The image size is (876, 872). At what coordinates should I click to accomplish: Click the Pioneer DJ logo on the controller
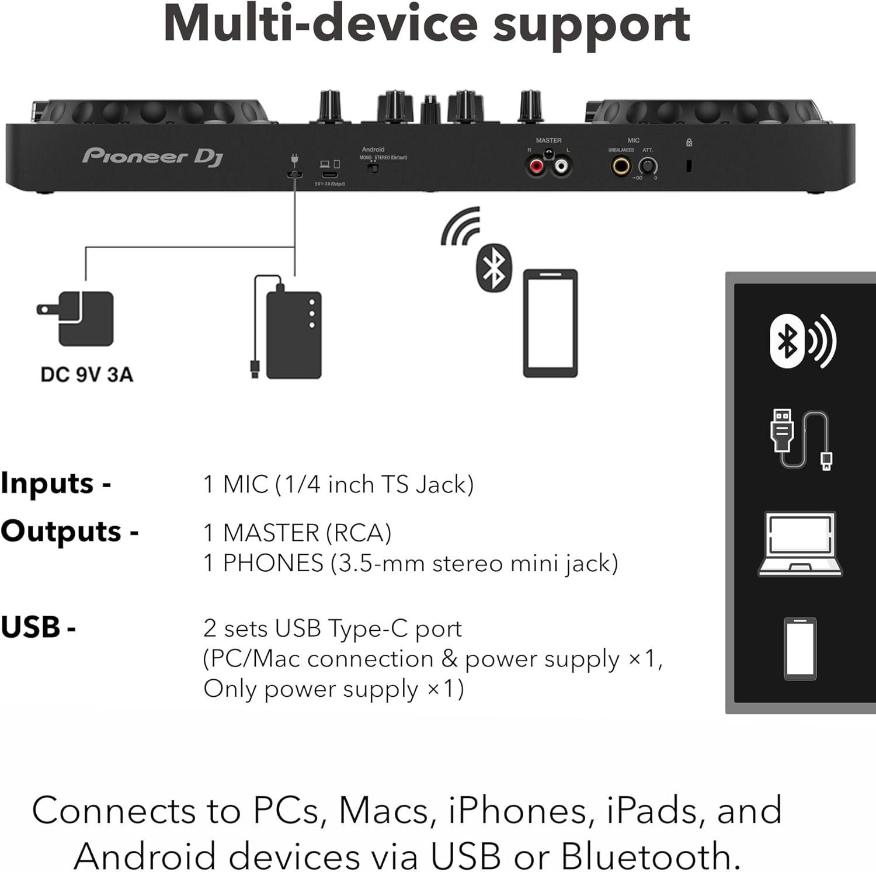(x=152, y=156)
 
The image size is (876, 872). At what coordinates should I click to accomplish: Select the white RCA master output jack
(x=561, y=167)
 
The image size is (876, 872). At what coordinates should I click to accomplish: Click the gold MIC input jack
(x=621, y=167)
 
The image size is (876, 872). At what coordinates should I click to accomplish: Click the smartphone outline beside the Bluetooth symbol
(x=550, y=323)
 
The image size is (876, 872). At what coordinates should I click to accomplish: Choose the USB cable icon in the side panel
(x=801, y=439)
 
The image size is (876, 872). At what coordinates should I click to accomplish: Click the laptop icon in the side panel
(x=800, y=544)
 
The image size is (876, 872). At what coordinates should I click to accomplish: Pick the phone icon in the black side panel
(x=800, y=648)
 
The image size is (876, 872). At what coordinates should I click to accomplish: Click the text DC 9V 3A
(x=87, y=374)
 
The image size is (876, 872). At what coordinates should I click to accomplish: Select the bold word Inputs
(x=47, y=484)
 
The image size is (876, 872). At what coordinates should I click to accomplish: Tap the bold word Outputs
(x=61, y=531)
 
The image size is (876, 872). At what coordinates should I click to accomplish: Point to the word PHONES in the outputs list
(x=273, y=563)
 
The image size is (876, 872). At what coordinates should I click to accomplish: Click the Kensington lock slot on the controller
(x=689, y=166)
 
